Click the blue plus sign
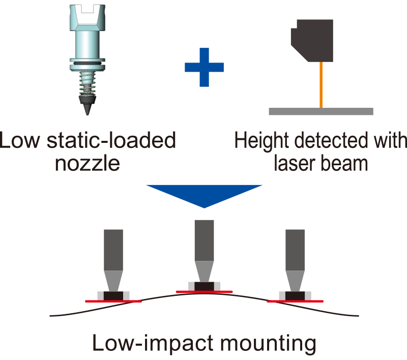205,67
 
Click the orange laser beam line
321,85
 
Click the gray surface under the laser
321,111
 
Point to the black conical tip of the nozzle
87,105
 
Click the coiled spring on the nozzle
87,83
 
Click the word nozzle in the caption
88,164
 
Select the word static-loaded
111,140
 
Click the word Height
261,141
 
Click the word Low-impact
154,343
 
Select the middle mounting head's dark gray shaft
205,241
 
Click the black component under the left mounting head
113,296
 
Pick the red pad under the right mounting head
295,302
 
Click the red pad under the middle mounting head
205,292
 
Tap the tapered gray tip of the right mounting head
295,281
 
